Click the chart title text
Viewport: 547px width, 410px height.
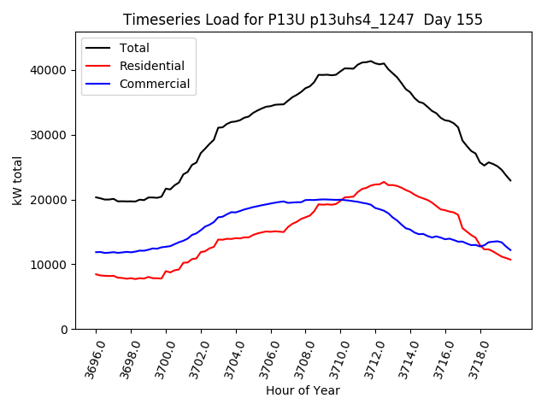pos(303,20)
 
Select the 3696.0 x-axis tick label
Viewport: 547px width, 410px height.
pos(90,357)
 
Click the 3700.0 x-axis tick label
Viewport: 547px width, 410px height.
pos(160,357)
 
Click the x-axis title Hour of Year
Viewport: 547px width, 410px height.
pos(303,390)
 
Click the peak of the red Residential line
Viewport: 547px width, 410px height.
pos(384,182)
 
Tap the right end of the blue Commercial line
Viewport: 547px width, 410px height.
pos(510,250)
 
